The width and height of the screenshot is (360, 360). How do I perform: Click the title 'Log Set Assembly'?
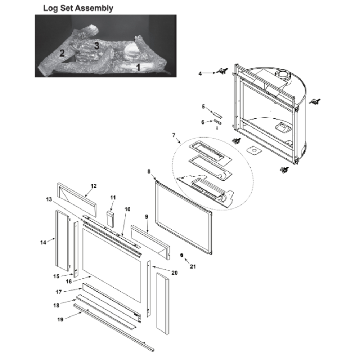pos(78,8)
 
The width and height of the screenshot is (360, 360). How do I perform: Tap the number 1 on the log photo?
pos(138,67)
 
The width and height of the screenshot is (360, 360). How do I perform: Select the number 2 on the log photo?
pos(62,53)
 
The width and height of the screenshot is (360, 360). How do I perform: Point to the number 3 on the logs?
pos(97,45)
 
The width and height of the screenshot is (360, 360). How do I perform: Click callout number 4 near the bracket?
pos(200,74)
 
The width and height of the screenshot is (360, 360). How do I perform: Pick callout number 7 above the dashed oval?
pos(174,135)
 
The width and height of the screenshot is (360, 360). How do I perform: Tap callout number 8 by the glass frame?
pos(149,171)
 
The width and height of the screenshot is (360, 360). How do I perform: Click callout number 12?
pos(94,186)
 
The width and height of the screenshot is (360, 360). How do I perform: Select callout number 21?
pos(193,266)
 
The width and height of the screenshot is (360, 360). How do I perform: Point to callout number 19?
pos(60,319)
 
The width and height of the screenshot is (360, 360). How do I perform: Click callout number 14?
pos(43,242)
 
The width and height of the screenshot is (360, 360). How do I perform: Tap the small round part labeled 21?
pos(181,255)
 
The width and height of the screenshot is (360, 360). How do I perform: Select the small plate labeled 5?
pos(217,115)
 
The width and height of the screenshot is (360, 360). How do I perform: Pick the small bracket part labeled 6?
pos(217,122)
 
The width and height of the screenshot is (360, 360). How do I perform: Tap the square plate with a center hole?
pos(254,151)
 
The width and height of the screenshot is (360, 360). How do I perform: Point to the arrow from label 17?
pos(72,290)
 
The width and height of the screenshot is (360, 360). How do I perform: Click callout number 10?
pos(127,209)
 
